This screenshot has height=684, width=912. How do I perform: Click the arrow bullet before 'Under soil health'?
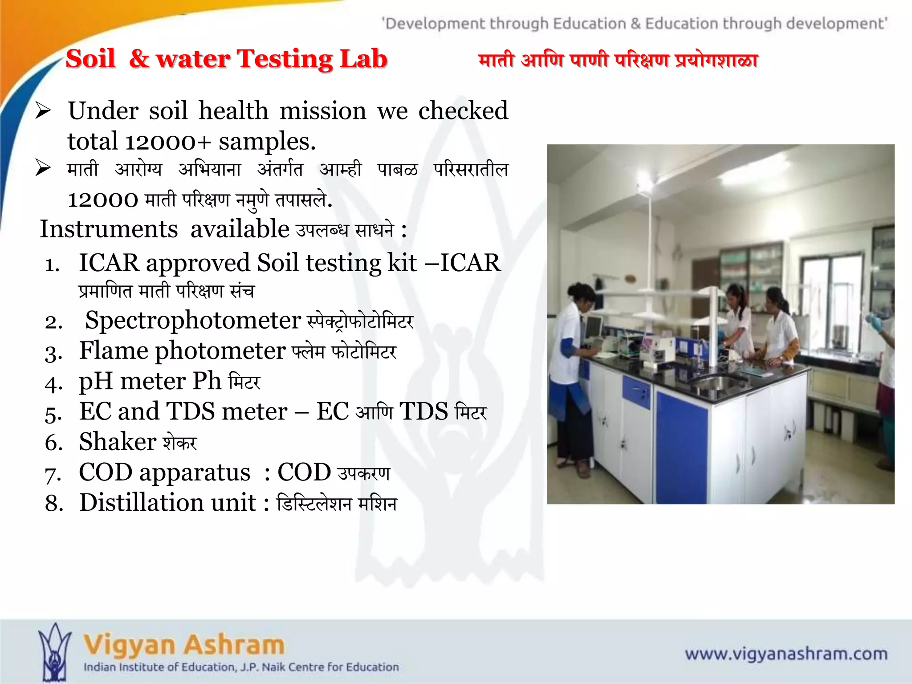coord(44,110)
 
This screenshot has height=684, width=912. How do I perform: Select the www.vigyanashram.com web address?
coord(786,654)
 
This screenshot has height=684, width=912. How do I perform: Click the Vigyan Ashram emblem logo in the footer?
coord(54,652)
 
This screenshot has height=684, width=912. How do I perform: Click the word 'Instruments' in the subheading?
coord(109,229)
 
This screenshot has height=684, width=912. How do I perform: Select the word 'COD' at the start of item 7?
coord(106,472)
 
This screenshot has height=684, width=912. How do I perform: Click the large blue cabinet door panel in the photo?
coord(681,445)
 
